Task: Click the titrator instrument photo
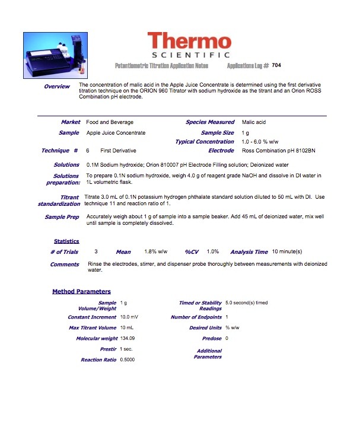point(55,53)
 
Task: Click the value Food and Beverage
point(110,122)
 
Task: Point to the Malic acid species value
point(254,122)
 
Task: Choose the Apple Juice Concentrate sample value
point(116,133)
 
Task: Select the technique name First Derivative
point(118,151)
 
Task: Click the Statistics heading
point(66,241)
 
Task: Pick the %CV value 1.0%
point(213,252)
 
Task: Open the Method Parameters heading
point(81,291)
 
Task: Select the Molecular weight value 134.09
point(128,338)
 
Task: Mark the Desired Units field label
point(205,327)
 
